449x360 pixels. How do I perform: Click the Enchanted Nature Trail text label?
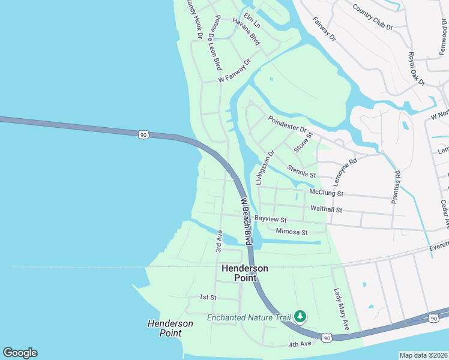click(249, 317)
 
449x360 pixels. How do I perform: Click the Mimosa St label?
click(292, 232)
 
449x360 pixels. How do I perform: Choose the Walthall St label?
click(326, 210)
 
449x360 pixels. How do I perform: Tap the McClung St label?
click(326, 193)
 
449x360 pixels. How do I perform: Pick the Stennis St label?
click(301, 171)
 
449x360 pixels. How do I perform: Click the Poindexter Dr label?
click(288, 124)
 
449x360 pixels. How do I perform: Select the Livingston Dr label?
click(265, 167)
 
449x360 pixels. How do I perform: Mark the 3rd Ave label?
click(219, 244)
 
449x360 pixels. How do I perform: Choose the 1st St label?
click(208, 297)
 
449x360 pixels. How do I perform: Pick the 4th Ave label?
click(300, 344)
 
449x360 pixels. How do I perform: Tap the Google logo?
click(20, 353)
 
